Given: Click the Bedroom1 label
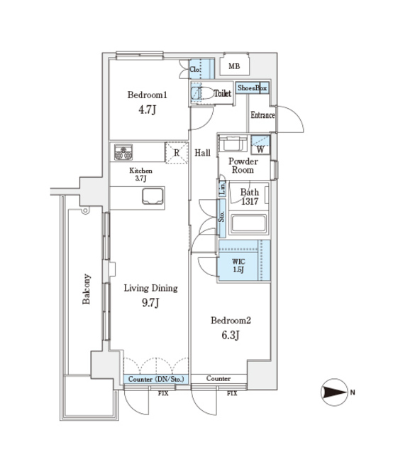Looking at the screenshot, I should pos(147,95).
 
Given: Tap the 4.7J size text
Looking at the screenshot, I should pos(148,110).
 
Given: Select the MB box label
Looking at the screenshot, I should pos(234,67).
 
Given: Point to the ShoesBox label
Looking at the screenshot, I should pos(253,87).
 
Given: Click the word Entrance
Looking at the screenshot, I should pos(262,114).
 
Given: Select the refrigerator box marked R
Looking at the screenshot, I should pos(176,152).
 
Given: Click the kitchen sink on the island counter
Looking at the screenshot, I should pos(153,194).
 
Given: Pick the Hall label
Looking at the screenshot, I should pos(203,152).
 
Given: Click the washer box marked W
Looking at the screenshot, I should pos(260,149).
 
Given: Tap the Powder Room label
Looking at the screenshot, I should pos(242,166).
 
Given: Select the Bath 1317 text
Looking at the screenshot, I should pos(249,197).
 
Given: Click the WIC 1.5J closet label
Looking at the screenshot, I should pos(240,265).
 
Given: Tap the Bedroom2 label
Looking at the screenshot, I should pos(231,321).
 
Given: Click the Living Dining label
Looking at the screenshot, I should pos(150,288).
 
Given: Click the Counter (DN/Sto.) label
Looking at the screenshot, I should pos(157,380).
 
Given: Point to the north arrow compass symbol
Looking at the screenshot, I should pos(336,392).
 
